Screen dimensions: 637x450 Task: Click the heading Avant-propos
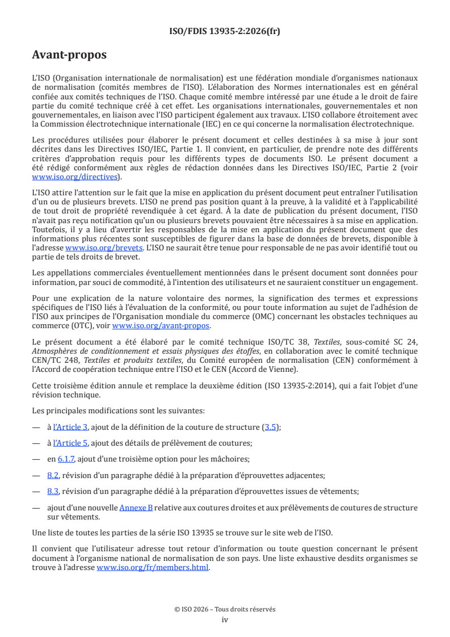(x=69, y=55)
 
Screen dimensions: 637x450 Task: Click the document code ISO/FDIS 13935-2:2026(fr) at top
(x=225, y=31)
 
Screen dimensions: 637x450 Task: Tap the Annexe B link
(x=136, y=507)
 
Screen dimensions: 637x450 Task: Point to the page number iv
(x=225, y=619)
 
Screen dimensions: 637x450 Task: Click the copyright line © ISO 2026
(x=225, y=609)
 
